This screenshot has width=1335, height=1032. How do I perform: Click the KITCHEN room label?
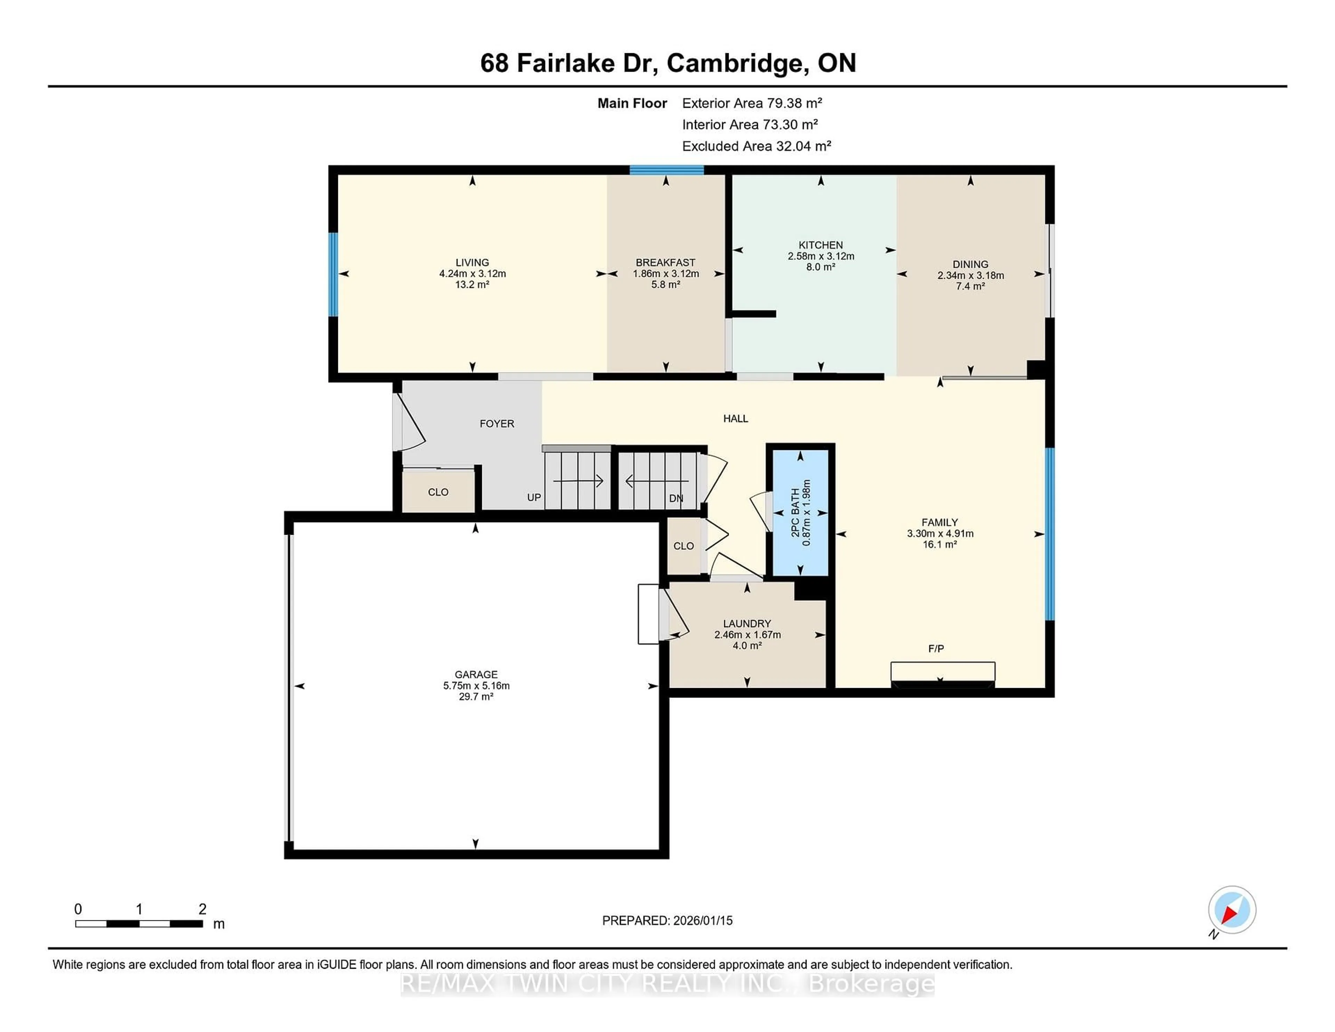pyautogui.click(x=820, y=244)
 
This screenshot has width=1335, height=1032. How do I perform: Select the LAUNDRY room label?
pyautogui.click(x=747, y=623)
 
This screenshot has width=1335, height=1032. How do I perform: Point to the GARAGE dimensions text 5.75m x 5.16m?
pyautogui.click(x=476, y=685)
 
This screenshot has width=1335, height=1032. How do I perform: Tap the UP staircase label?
pyautogui.click(x=534, y=498)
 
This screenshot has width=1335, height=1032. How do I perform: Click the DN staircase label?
pyautogui.click(x=675, y=498)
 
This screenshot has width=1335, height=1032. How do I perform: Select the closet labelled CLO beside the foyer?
pyautogui.click(x=438, y=492)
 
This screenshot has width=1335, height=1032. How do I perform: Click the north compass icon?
pyautogui.click(x=1232, y=910)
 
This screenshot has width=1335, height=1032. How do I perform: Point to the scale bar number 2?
pyautogui.click(x=202, y=909)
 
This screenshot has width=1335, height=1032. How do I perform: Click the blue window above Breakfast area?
pyautogui.click(x=666, y=170)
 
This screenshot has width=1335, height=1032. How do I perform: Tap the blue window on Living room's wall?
pyautogui.click(x=333, y=274)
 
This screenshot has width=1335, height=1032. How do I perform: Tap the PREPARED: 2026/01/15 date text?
pyautogui.click(x=667, y=920)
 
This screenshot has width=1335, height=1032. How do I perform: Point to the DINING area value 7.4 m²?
pyautogui.click(x=970, y=286)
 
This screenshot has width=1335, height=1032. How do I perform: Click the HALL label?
pyautogui.click(x=735, y=419)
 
